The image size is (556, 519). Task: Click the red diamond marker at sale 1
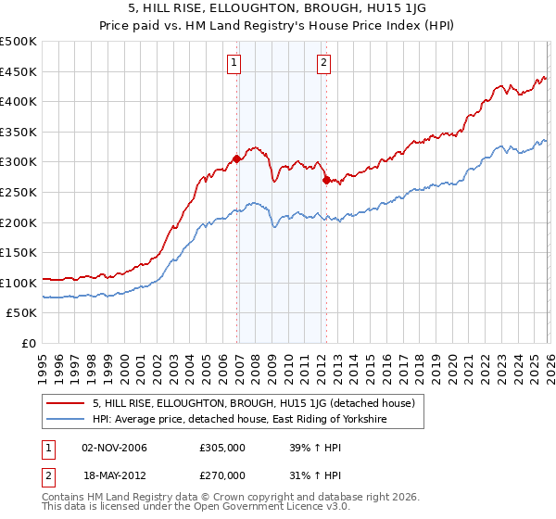[236, 158]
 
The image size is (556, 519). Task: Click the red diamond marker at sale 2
[326, 180]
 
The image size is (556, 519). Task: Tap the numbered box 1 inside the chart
[234, 64]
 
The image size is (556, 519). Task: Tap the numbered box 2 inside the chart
[323, 64]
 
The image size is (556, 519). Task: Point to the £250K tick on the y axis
[19, 193]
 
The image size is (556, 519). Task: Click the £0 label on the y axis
[29, 344]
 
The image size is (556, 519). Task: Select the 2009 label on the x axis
[272, 370]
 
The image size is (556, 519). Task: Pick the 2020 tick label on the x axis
[452, 370]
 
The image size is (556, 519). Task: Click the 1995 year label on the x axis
[43, 370]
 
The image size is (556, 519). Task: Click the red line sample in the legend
[65, 402]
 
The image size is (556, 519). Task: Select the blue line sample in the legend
[65, 419]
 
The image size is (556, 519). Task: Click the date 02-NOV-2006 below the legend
[114, 448]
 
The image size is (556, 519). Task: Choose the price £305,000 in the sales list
[222, 448]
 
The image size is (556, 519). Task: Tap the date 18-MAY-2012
[115, 475]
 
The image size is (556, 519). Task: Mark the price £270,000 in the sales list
[222, 475]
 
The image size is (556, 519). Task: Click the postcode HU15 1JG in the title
[397, 7]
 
